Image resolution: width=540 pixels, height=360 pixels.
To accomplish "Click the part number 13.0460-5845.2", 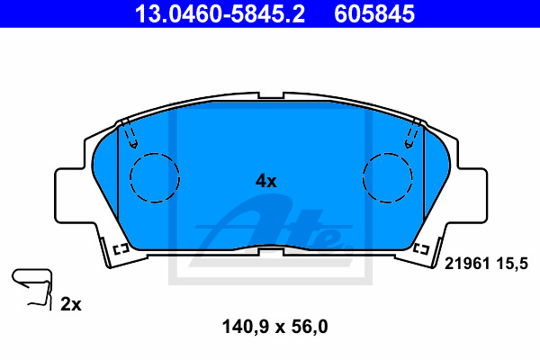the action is click(x=220, y=13).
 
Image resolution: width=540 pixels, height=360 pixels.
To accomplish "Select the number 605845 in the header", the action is click(x=374, y=13).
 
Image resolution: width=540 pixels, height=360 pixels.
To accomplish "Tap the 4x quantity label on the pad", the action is click(x=265, y=181).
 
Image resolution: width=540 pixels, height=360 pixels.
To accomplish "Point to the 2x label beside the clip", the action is click(x=71, y=304).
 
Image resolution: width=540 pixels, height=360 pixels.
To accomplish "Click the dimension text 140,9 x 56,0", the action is click(x=274, y=327).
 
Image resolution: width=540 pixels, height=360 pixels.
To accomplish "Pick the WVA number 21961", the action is click(x=467, y=264).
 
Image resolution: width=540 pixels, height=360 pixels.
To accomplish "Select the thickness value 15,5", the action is click(x=512, y=264).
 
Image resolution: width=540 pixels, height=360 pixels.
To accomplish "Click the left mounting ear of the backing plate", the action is click(x=69, y=195).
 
